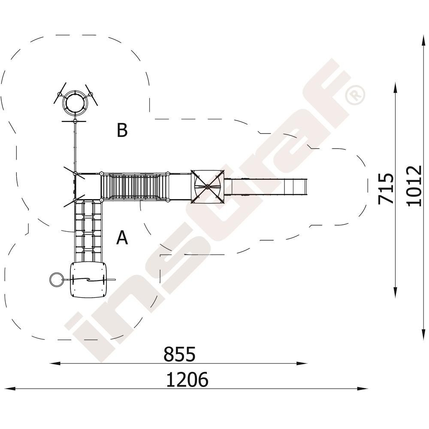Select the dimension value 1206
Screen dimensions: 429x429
click(187, 380)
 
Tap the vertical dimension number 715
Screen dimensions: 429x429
click(386, 188)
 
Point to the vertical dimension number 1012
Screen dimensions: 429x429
click(414, 186)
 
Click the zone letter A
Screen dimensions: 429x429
click(122, 238)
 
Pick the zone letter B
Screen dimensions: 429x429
click(122, 130)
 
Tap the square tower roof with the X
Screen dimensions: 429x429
click(207, 187)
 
